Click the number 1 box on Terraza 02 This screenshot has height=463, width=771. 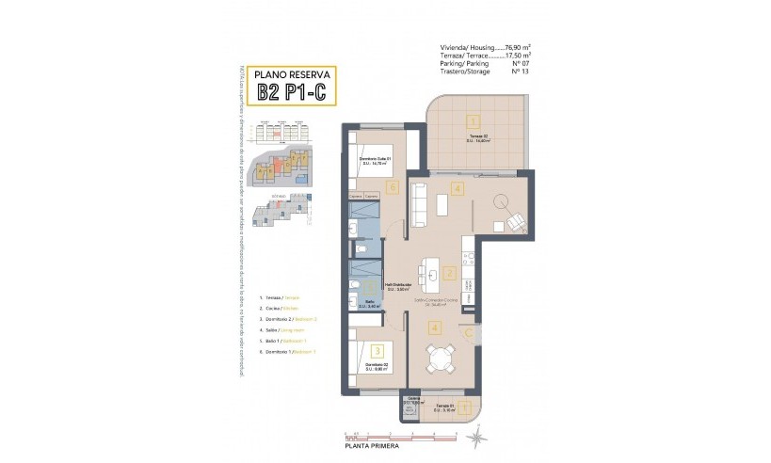click(473, 120)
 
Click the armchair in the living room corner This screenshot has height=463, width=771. click(517, 223)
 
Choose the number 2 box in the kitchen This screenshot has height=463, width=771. click(450, 275)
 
